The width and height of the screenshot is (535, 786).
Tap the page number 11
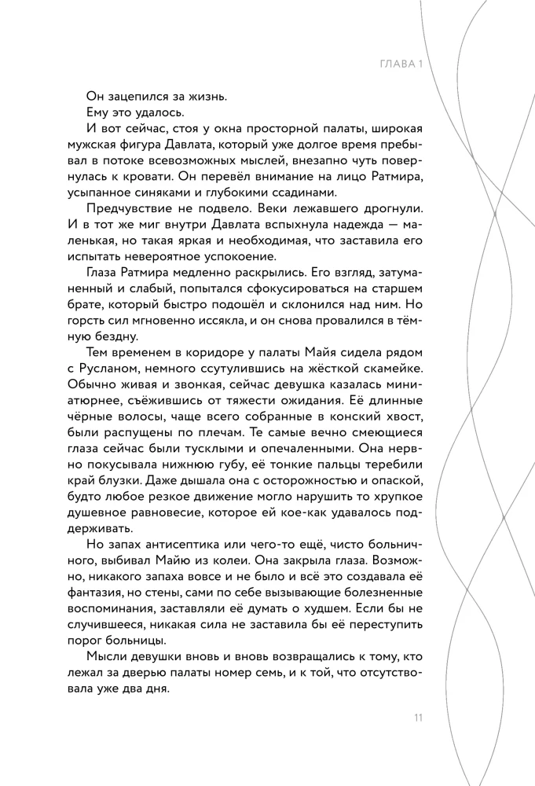(419, 718)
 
